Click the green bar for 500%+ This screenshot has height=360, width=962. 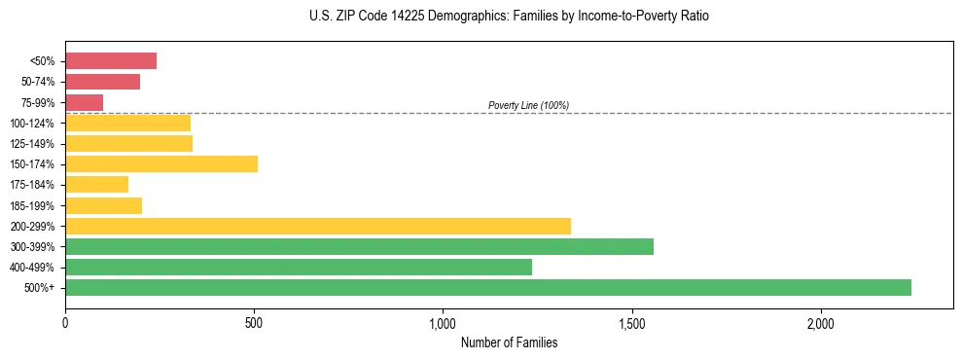pos(488,287)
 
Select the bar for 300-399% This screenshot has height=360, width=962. pos(359,246)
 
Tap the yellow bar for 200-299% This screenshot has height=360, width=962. pos(318,226)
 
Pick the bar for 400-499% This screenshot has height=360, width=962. pos(299,267)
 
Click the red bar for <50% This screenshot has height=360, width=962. pos(111,61)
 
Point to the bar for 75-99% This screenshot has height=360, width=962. pos(85,102)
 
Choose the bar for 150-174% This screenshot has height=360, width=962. pos(161,163)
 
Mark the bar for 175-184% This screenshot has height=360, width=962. pos(97,184)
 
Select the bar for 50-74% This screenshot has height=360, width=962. pos(103,82)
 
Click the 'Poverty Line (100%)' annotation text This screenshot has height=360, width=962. pos(528,105)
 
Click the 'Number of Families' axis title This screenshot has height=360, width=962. pos(509,342)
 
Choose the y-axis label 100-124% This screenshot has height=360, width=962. pos(32,124)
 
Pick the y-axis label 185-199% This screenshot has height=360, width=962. pos(32,205)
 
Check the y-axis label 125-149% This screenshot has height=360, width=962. pos(32,144)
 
